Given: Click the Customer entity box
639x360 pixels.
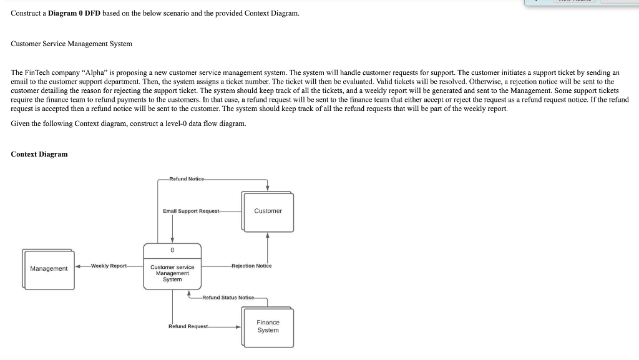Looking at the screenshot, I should [268, 211].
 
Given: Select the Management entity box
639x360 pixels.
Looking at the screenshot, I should [49, 268].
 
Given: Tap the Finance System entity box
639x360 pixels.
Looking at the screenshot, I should [268, 326].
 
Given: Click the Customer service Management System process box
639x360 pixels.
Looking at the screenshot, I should [172, 273].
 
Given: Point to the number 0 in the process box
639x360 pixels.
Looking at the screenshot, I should [172, 250].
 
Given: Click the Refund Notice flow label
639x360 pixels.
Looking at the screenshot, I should [187, 179].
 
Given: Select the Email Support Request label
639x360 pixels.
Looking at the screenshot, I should [191, 211].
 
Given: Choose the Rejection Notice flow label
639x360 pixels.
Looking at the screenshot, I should [251, 266].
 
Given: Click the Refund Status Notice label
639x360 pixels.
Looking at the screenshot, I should [228, 298].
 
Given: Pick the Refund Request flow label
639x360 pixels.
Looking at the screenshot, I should [188, 326].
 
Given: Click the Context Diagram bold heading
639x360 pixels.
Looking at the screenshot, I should [39, 154].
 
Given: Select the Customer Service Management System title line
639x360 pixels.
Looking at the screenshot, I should [72, 44].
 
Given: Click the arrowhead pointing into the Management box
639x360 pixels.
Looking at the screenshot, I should [78, 266].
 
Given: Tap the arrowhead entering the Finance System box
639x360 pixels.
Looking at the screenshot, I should [238, 326].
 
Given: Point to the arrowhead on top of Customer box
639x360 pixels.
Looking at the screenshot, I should [268, 188].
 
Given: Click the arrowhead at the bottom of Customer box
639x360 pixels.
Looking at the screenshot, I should [268, 235].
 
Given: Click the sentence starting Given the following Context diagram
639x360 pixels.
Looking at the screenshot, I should [129, 124].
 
